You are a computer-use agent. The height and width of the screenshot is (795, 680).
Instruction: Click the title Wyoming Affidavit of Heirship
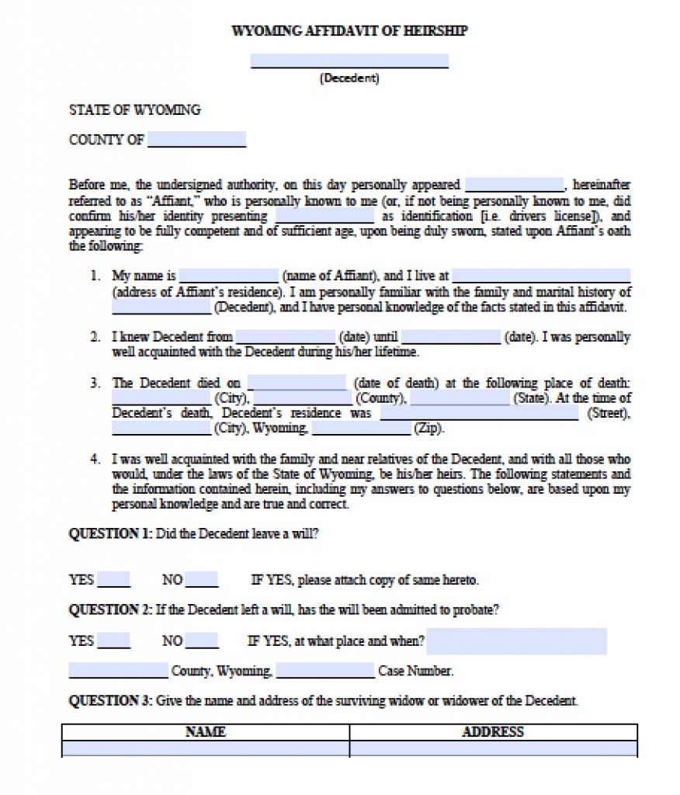[x=349, y=31]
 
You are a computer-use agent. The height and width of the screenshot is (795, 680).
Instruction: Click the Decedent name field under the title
[x=349, y=61]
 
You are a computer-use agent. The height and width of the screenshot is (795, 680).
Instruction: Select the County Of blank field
[x=196, y=141]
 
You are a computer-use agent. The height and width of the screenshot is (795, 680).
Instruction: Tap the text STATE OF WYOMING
[x=135, y=110]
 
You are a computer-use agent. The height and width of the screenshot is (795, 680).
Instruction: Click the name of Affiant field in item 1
[x=228, y=276]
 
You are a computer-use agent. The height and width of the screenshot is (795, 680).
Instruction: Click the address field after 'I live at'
[x=541, y=276]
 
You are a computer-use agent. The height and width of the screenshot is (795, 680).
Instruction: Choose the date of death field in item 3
[x=297, y=384]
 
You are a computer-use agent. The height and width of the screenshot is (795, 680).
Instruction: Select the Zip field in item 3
[x=361, y=429]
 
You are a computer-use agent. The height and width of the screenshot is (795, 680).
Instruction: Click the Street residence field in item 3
[x=479, y=414]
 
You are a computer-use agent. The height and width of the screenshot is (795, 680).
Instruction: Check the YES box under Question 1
[x=114, y=580]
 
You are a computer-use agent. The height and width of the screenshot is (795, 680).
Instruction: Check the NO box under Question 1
[x=202, y=580]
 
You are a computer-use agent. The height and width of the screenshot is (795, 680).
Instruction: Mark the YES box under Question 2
[x=114, y=641]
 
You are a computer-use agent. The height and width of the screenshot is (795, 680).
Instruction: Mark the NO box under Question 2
[x=202, y=641]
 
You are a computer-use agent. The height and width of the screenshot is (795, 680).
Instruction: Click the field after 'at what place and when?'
[x=516, y=641]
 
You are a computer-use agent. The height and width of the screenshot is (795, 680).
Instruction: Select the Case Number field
[x=325, y=671]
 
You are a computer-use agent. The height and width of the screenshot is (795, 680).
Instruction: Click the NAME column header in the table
[x=206, y=732]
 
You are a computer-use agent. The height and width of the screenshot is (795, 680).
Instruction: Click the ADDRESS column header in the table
[x=493, y=732]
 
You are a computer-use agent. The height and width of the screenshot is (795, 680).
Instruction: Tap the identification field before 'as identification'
[x=324, y=217]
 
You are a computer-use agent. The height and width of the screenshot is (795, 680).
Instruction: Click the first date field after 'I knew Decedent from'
[x=285, y=338]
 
